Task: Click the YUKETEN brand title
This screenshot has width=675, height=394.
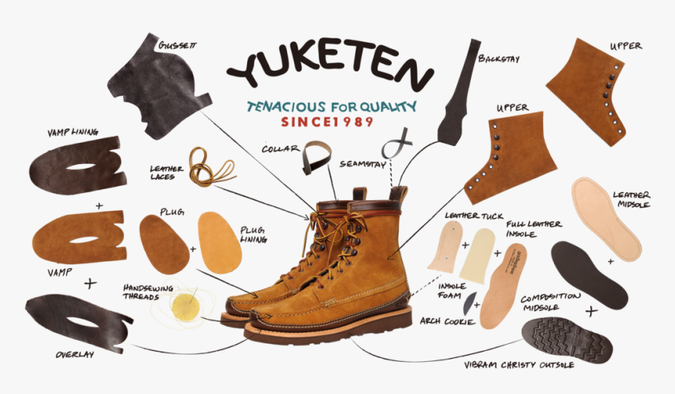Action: (330, 68)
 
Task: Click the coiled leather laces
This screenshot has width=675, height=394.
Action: (213, 167)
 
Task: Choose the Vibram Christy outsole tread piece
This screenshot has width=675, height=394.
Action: (571, 337)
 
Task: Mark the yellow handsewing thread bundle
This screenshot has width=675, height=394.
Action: (185, 304)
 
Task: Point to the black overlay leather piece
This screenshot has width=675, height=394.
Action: (78, 322)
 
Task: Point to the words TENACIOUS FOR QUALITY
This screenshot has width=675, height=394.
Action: (330, 107)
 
